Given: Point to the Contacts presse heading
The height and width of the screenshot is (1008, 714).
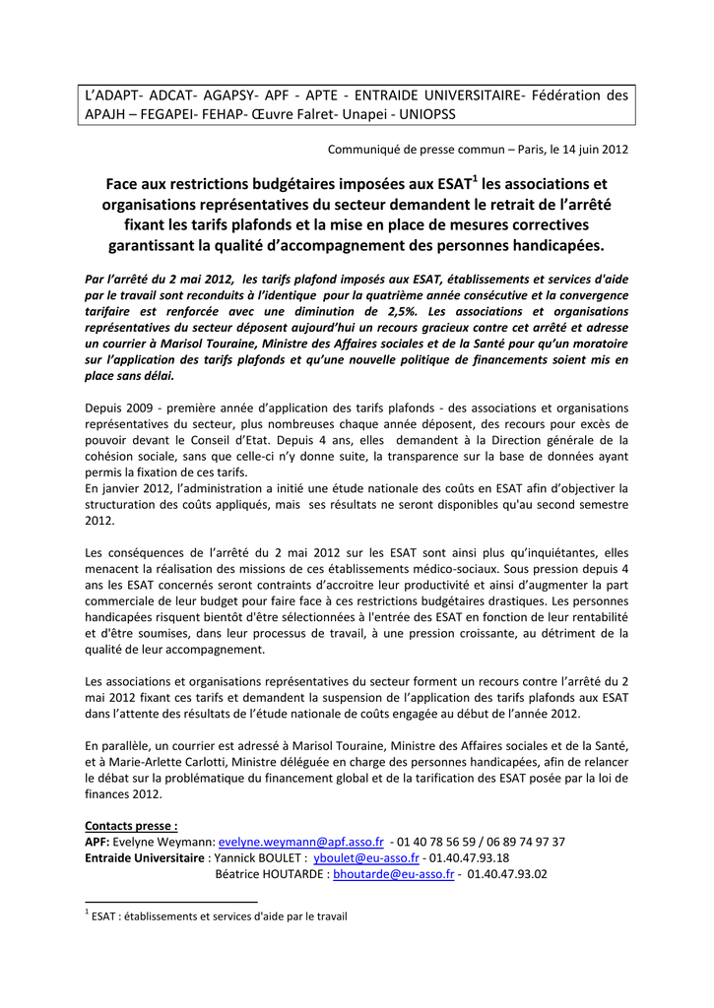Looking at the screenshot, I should click(x=132, y=825).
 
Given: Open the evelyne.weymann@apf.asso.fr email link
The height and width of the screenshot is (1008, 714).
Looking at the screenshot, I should click(x=301, y=842).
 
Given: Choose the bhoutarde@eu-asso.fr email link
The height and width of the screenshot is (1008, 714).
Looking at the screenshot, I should click(x=394, y=873).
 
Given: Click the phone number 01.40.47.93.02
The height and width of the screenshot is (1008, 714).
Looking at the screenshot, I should click(x=507, y=873).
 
